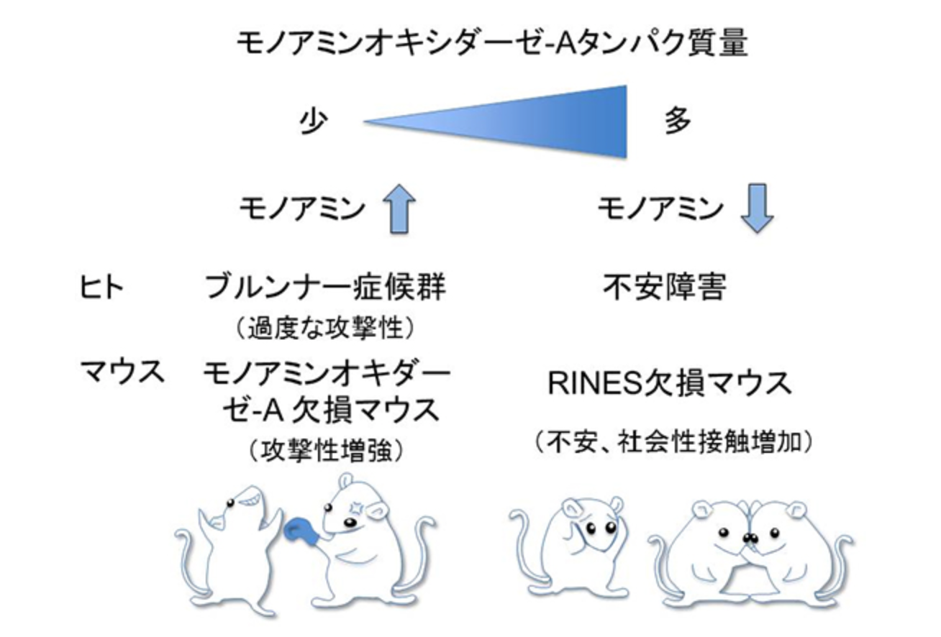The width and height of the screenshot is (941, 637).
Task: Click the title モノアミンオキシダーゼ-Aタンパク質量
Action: tap(492, 42)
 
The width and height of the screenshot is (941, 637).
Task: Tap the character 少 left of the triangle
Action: tap(314, 121)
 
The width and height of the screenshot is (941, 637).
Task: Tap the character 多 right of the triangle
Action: tap(677, 120)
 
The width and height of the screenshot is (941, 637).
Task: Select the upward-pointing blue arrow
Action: tap(399, 208)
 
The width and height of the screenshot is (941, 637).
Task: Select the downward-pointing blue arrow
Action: tap(757, 208)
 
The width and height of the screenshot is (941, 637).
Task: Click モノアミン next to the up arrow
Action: tap(302, 209)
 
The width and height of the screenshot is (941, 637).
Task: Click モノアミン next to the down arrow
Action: tap(660, 208)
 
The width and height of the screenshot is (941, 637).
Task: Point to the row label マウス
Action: tap(122, 371)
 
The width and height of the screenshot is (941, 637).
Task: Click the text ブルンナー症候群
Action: tap(325, 287)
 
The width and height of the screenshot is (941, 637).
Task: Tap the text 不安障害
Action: tap(665, 287)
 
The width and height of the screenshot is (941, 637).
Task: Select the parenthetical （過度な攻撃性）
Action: tap(325, 328)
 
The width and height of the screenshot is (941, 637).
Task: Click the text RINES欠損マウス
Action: tap(670, 383)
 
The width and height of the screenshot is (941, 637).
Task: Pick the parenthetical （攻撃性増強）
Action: tap(326, 451)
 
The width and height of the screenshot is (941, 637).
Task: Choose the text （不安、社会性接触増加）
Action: tap(674, 442)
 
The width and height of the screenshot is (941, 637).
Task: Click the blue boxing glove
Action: tap(301, 531)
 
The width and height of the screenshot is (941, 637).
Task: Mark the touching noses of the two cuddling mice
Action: tap(750, 538)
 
